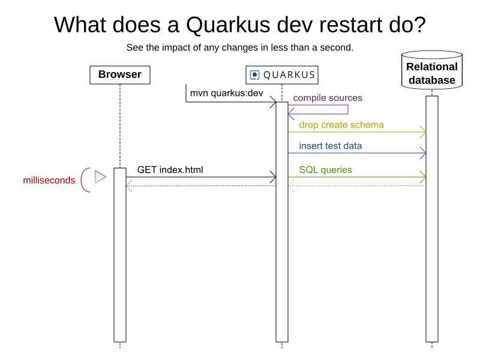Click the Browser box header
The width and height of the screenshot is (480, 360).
click(x=120, y=75)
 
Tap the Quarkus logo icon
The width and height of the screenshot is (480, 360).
click(x=254, y=75)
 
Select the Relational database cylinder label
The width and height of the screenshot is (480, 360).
click(x=431, y=73)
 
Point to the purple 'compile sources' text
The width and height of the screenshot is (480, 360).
click(x=328, y=98)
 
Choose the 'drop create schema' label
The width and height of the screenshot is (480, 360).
click(x=341, y=125)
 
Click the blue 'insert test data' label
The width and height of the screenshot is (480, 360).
click(x=331, y=146)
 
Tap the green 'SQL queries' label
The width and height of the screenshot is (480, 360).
click(x=326, y=170)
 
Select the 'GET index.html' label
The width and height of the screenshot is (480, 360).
click(x=170, y=170)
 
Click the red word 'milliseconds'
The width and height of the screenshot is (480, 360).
click(x=49, y=180)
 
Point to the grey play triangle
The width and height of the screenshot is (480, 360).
click(x=100, y=177)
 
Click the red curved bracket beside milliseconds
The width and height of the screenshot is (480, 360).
click(x=85, y=179)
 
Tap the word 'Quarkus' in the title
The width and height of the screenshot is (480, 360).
click(x=225, y=25)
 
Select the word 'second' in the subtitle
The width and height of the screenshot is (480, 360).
click(x=335, y=47)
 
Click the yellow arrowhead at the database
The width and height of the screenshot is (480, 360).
click(x=423, y=131)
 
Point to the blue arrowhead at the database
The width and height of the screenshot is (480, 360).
click(x=423, y=153)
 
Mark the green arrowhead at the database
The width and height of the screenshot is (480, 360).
click(x=423, y=177)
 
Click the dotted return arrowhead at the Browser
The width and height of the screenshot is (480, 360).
click(x=129, y=186)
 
